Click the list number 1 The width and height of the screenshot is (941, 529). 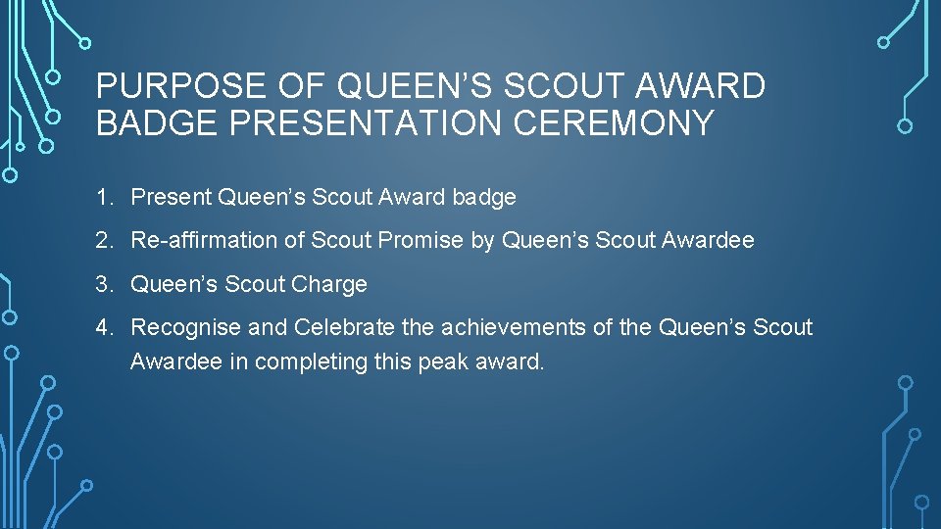[103, 197]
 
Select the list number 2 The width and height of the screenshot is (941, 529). [103, 240]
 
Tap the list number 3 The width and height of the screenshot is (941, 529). [103, 284]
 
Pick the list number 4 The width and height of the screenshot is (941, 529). [103, 327]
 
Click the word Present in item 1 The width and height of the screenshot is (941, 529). [171, 197]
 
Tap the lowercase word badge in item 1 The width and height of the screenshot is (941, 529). [484, 197]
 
